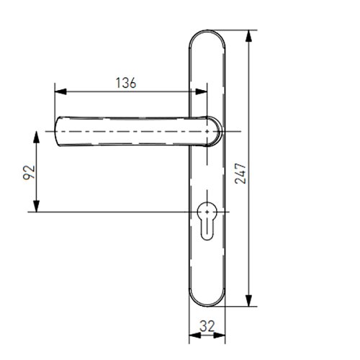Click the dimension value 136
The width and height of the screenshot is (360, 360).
[x=126, y=83]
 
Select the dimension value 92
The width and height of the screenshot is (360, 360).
[x=29, y=172]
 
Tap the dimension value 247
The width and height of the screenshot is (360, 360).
[x=240, y=174]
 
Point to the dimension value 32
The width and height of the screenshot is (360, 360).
[x=207, y=326]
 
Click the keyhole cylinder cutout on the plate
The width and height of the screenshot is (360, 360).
[x=207, y=221]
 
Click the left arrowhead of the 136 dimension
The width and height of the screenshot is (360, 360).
[x=60, y=91]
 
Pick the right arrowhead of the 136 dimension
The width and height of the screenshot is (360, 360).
[x=201, y=91]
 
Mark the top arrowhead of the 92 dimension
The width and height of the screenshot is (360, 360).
[x=36, y=137]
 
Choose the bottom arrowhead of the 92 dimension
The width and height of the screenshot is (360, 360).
[x=36, y=207]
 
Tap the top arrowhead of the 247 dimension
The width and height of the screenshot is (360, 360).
[x=249, y=36]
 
